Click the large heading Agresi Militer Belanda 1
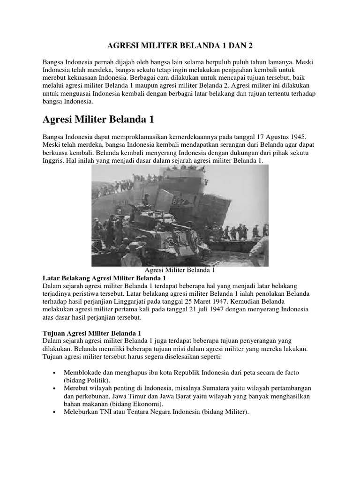pyautogui.click(x=98, y=120)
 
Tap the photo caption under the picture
pyautogui.click(x=180, y=270)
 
